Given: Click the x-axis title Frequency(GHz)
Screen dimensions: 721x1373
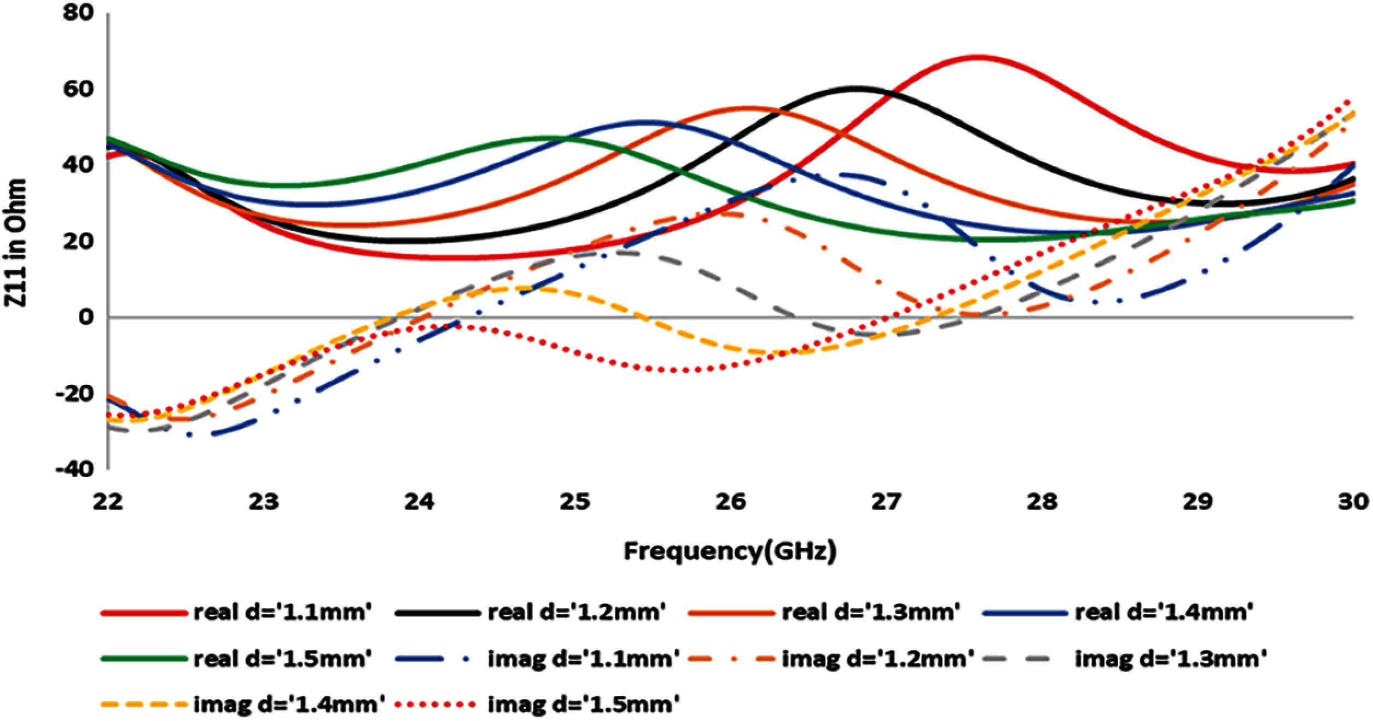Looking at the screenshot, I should coord(730,551).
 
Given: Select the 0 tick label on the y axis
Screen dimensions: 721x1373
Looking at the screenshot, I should coord(86,317).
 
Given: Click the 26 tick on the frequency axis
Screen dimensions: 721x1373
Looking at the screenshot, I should coord(731,501).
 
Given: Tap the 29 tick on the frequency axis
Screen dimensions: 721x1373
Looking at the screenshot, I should coord(1198,501).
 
